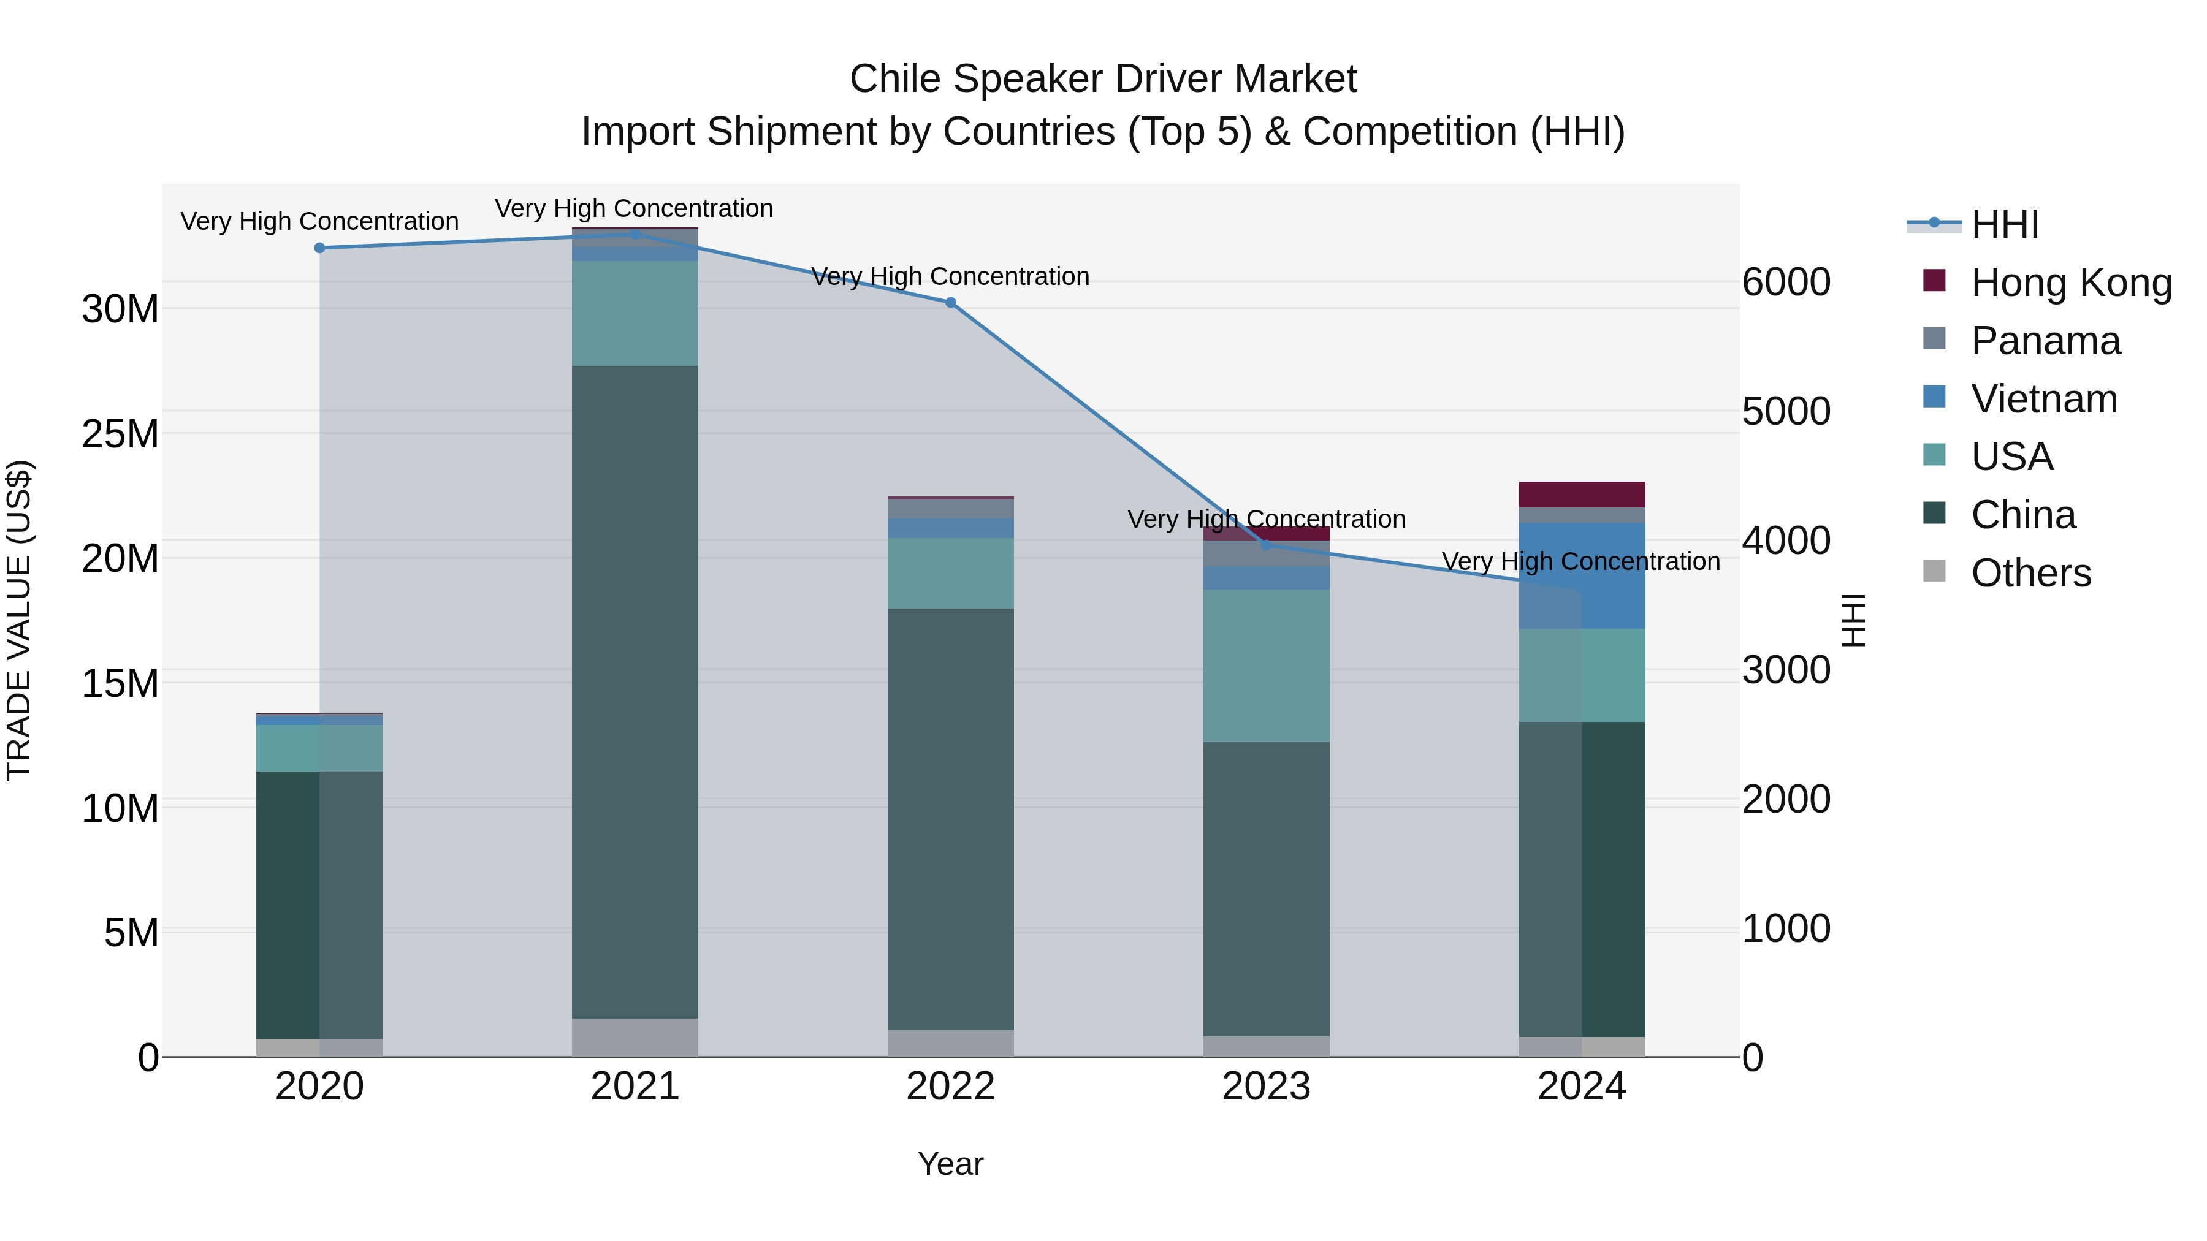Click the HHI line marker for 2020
click(319, 248)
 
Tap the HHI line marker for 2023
click(1267, 545)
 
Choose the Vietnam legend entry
click(2043, 399)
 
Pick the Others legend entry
click(2030, 573)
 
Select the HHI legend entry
click(2004, 224)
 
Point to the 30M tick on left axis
click(120, 309)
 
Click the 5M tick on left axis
click(131, 933)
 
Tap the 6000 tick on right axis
click(1786, 283)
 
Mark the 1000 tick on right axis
click(1786, 928)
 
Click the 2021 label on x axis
click(635, 1087)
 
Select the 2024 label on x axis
click(1582, 1087)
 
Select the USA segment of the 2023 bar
click(1267, 666)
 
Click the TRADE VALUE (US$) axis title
click(19, 620)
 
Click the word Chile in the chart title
click(895, 79)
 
